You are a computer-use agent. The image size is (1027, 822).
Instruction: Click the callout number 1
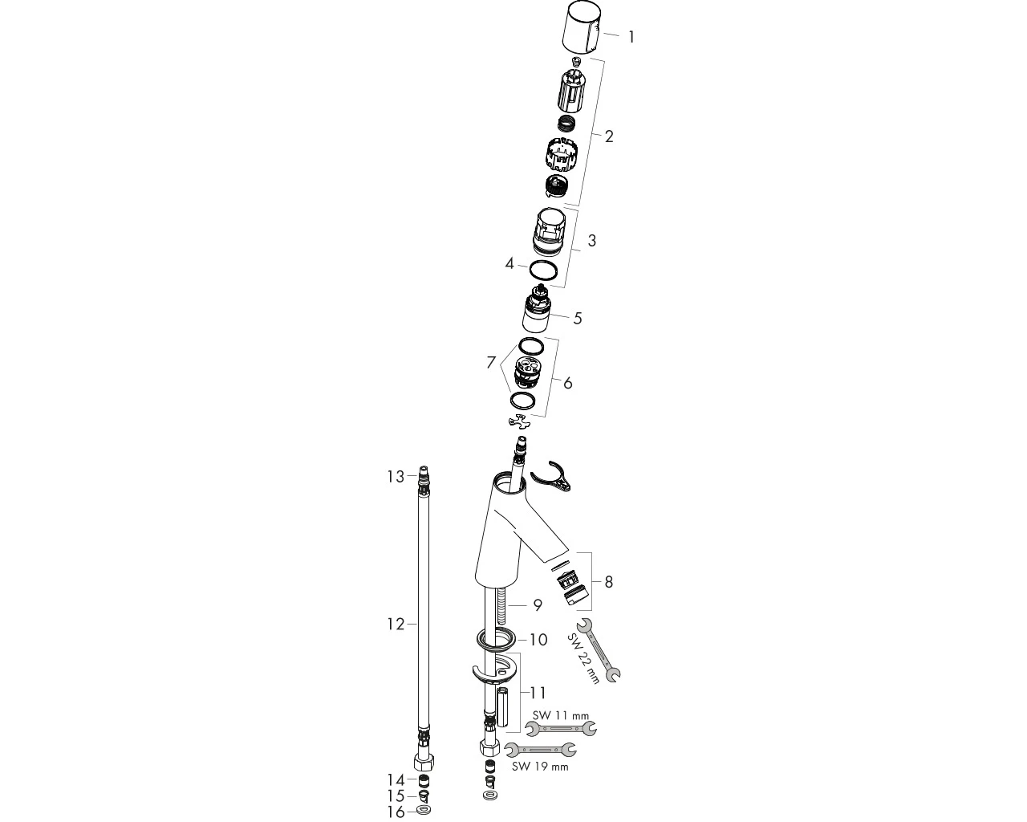click(631, 37)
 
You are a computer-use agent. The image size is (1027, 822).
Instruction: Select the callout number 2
click(609, 136)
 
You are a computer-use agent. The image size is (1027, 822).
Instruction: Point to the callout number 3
click(592, 240)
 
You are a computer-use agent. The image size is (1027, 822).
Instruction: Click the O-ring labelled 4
click(543, 271)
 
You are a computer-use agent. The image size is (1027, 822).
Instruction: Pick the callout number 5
click(578, 318)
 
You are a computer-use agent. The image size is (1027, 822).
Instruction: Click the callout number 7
click(491, 363)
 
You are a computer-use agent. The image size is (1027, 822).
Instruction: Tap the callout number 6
click(568, 383)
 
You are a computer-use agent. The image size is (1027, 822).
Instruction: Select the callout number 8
click(609, 582)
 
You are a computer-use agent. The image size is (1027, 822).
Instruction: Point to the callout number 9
click(538, 605)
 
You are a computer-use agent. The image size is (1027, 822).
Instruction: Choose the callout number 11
click(538, 693)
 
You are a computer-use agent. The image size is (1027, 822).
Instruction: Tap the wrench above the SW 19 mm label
click(540, 751)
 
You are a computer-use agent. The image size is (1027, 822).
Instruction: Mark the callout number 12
click(396, 625)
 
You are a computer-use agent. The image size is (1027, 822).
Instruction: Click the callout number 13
click(396, 476)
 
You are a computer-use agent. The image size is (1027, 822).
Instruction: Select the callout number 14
click(396, 780)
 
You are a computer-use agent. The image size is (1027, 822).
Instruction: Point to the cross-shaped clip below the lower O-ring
click(520, 422)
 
